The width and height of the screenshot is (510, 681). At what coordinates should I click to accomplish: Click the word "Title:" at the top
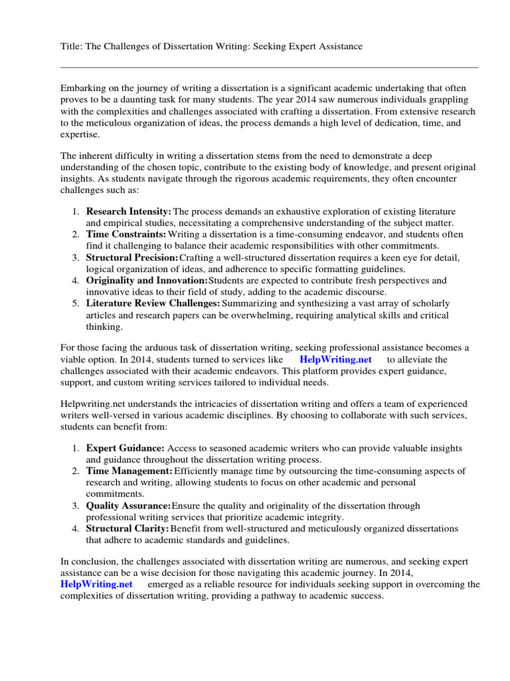72,46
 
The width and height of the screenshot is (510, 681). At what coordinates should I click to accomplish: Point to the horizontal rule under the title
269,67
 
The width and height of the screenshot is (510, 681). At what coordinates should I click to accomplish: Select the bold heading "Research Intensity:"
129,211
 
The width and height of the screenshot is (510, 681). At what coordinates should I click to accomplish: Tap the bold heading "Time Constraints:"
126,235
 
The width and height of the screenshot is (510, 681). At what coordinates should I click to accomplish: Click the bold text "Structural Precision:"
132,257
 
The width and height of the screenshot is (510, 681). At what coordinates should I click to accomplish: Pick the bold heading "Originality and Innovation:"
147,281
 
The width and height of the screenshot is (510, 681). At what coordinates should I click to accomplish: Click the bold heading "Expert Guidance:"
126,448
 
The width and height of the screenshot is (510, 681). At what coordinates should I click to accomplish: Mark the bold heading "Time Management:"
129,471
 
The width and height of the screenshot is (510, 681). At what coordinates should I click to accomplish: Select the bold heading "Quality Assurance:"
129,506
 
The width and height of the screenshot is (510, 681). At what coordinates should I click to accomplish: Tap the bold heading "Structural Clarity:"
127,529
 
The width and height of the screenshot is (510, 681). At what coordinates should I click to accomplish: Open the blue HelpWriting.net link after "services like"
336,359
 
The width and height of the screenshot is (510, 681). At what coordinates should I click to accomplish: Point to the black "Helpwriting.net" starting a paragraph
92,404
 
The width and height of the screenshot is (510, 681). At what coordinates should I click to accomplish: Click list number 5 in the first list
75,303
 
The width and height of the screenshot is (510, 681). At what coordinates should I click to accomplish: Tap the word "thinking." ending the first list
104,327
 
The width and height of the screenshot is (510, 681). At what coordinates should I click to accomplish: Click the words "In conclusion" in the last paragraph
89,561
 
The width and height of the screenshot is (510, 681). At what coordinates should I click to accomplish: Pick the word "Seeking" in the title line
280,46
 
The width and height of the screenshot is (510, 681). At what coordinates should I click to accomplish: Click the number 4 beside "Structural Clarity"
75,529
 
